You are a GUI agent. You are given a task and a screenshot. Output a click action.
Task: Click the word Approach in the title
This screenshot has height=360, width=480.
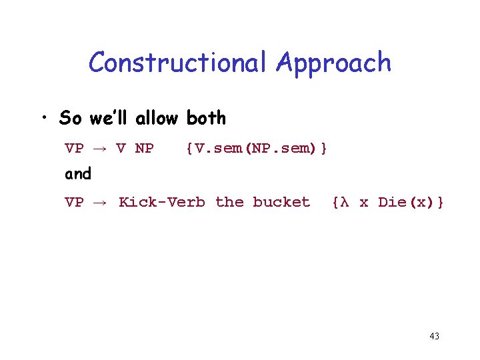pyautogui.click(x=334, y=63)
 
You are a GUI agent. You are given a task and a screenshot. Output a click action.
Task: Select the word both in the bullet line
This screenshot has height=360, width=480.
pyautogui.click(x=206, y=119)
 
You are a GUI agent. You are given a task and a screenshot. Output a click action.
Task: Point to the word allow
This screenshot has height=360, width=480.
pyautogui.click(x=157, y=119)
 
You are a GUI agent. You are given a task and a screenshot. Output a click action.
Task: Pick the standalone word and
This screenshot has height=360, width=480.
pyautogui.click(x=78, y=174)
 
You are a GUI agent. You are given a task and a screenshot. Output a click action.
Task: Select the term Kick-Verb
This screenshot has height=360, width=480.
pyautogui.click(x=162, y=202)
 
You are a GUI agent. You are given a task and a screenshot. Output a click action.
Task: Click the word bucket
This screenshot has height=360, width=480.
pyautogui.click(x=281, y=202)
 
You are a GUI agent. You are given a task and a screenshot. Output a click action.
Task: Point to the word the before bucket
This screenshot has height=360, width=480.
pyautogui.click(x=229, y=202)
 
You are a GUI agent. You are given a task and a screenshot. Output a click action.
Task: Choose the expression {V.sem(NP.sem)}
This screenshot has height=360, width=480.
pyautogui.click(x=257, y=148)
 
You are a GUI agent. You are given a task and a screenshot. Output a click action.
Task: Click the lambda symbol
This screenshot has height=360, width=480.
pyautogui.click(x=345, y=202)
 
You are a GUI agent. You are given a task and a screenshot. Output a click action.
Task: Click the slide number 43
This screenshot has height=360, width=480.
pyautogui.click(x=434, y=336)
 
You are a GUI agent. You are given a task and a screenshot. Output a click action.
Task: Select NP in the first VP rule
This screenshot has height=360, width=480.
pyautogui.click(x=144, y=148)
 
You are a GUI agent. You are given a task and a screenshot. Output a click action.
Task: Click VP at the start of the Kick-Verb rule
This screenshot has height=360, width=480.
pyautogui.click(x=74, y=202)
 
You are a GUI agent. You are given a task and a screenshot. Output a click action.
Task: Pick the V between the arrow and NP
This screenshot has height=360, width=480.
pyautogui.click(x=121, y=148)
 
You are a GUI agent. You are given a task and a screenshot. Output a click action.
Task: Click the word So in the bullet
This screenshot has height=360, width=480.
pyautogui.click(x=70, y=119)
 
